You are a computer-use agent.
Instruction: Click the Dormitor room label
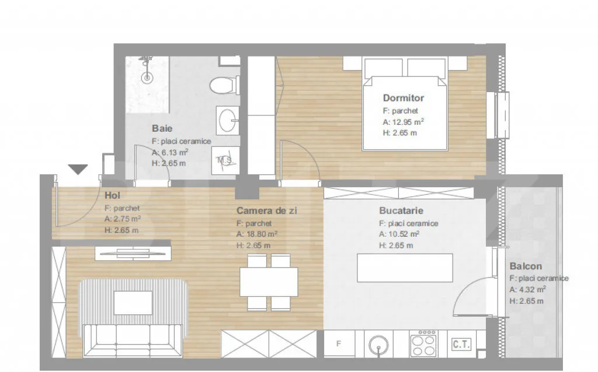(403, 98)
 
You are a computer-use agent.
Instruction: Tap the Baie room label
(162, 128)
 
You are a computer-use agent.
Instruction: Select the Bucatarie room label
(401, 210)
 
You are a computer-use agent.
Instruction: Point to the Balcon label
(525, 266)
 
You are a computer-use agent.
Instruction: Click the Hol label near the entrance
(112, 195)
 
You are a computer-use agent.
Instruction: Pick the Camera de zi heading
(266, 210)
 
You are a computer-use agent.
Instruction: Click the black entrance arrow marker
(78, 170)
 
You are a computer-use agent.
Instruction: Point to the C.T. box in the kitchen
(461, 344)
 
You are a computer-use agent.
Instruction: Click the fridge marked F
(339, 344)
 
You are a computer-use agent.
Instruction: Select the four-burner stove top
(423, 344)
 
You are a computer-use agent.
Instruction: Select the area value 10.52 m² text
(399, 234)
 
